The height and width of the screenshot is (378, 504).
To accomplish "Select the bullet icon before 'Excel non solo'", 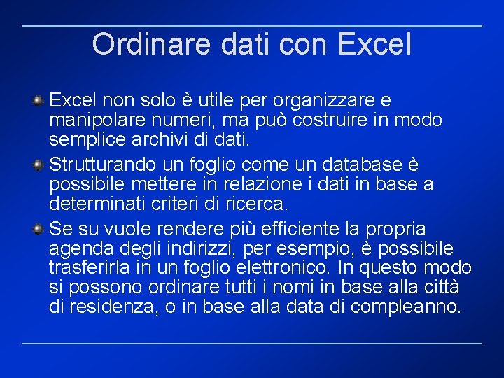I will [40, 101].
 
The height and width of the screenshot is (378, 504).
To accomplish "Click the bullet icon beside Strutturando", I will [40, 165].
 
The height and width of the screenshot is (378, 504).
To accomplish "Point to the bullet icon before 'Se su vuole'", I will [40, 230].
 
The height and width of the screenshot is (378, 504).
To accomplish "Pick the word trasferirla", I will [87, 267].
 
